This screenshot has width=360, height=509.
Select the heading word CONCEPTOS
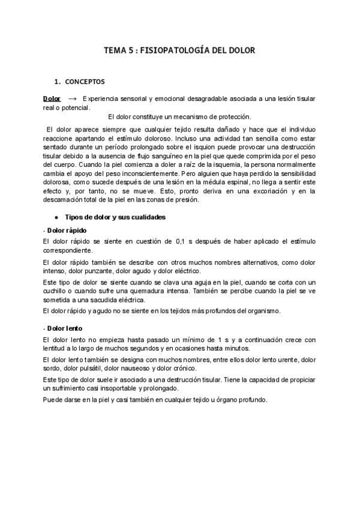86,80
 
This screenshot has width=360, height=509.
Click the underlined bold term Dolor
52,98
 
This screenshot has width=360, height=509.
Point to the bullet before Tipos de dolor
56,216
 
